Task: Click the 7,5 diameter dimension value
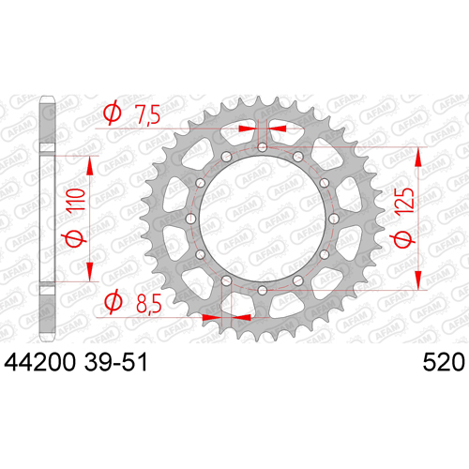click(147, 114)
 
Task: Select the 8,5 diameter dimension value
click(149, 304)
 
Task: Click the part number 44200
click(39, 362)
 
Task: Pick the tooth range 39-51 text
click(115, 362)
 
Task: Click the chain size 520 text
click(444, 362)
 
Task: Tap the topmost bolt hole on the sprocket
click(263, 147)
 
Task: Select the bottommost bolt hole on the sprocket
click(263, 291)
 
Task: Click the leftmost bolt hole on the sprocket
click(190, 219)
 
